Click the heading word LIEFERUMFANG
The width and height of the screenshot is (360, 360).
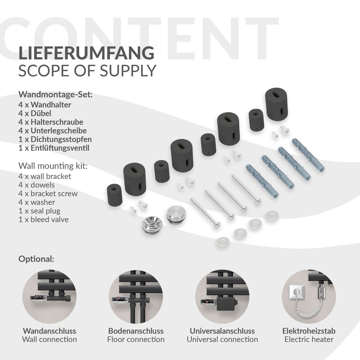tap(86, 53)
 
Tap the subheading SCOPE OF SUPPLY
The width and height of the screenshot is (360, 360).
tap(87, 71)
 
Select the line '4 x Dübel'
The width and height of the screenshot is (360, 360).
tap(35, 113)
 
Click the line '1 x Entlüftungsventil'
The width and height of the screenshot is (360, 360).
tap(54, 148)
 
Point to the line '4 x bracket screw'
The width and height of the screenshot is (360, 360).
tap(48, 193)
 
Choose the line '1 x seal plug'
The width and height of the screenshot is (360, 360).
tap(40, 211)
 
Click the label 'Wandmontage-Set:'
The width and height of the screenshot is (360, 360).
tap(55, 94)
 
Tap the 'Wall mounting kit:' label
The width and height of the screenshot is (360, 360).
tap(53, 166)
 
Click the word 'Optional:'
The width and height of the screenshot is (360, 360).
tap(36, 259)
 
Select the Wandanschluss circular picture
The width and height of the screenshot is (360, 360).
tap(49, 297)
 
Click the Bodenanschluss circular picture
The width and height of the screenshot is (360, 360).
tap(136, 297)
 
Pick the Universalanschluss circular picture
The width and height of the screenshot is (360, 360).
tap(222, 297)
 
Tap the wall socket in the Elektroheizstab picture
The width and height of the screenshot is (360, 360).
tap(297, 292)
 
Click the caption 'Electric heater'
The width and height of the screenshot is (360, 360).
tap(309, 340)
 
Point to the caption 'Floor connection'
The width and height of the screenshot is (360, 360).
tap(136, 340)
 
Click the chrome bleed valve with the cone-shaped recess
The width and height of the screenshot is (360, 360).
tap(152, 224)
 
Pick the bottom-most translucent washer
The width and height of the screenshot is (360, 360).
tap(222, 242)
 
